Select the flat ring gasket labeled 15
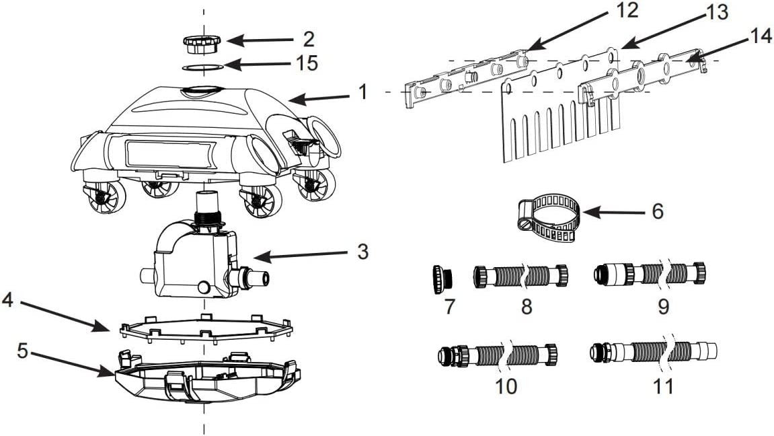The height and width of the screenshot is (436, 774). [202, 67]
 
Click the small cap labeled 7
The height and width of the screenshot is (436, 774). [442, 279]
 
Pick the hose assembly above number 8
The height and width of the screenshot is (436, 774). [520, 276]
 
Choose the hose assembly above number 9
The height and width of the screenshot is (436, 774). [650, 273]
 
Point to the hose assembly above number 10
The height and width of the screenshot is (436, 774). [498, 355]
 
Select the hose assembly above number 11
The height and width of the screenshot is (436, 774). [654, 352]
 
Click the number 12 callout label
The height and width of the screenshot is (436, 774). [627, 10]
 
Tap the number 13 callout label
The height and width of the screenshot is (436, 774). [717, 12]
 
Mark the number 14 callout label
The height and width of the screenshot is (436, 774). [759, 36]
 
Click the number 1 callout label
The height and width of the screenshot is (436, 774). [363, 92]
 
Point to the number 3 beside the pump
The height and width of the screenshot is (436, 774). [363, 252]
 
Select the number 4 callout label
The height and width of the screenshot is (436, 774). [7, 299]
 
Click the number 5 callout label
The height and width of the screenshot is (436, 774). [23, 351]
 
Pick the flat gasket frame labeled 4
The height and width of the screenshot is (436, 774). [206, 328]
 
